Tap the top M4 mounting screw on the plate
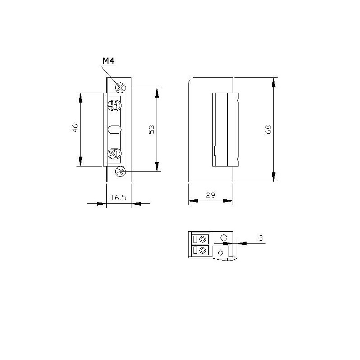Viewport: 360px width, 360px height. click(x=121, y=87)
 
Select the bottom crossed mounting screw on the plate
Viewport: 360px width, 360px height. click(x=120, y=171)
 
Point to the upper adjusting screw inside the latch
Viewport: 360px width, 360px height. click(x=114, y=106)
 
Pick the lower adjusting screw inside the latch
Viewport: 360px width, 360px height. click(x=114, y=154)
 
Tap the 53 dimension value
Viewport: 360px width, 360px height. click(x=152, y=130)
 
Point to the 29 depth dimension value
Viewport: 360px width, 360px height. click(x=210, y=196)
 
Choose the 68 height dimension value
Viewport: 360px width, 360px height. click(x=268, y=130)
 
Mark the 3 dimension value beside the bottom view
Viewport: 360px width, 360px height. click(x=261, y=237)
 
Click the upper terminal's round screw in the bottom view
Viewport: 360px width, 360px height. click(x=203, y=239)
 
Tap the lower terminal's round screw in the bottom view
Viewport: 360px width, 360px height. click(x=203, y=250)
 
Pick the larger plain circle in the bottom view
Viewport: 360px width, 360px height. click(x=223, y=237)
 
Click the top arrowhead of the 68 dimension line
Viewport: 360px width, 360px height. click(x=274, y=81)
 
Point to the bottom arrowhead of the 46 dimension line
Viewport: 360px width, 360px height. click(x=81, y=162)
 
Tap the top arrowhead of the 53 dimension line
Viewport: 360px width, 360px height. click(x=157, y=91)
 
